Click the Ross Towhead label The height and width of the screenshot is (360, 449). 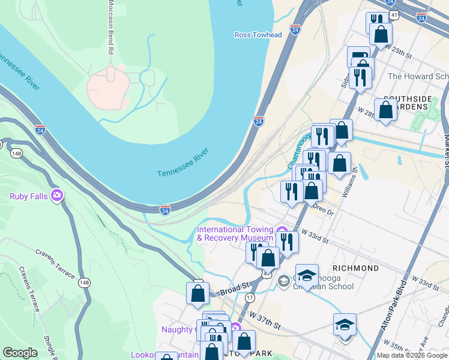tap(258, 35)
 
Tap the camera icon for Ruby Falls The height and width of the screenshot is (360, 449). tap(57, 195)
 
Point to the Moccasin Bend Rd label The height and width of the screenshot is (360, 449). tap(110, 28)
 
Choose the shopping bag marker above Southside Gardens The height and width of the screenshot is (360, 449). tap(385, 110)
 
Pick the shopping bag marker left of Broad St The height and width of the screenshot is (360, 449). tap(197, 293)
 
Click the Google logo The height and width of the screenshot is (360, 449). tap(20, 353)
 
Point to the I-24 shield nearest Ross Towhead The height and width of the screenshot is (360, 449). tap(295, 29)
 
